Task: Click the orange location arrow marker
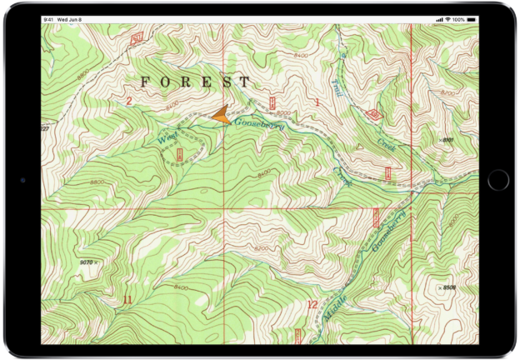coord(220,115)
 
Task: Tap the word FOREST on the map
coord(195,82)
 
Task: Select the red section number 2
coord(128,102)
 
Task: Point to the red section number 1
coord(317,102)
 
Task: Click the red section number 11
coord(127,299)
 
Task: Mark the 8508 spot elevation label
coord(448,287)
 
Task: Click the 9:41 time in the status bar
coord(49,19)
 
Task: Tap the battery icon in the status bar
coord(471,19)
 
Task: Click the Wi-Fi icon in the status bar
coord(447,19)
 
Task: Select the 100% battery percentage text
coord(458,19)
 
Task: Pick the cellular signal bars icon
coord(438,19)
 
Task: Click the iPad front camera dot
coord(22,180)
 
